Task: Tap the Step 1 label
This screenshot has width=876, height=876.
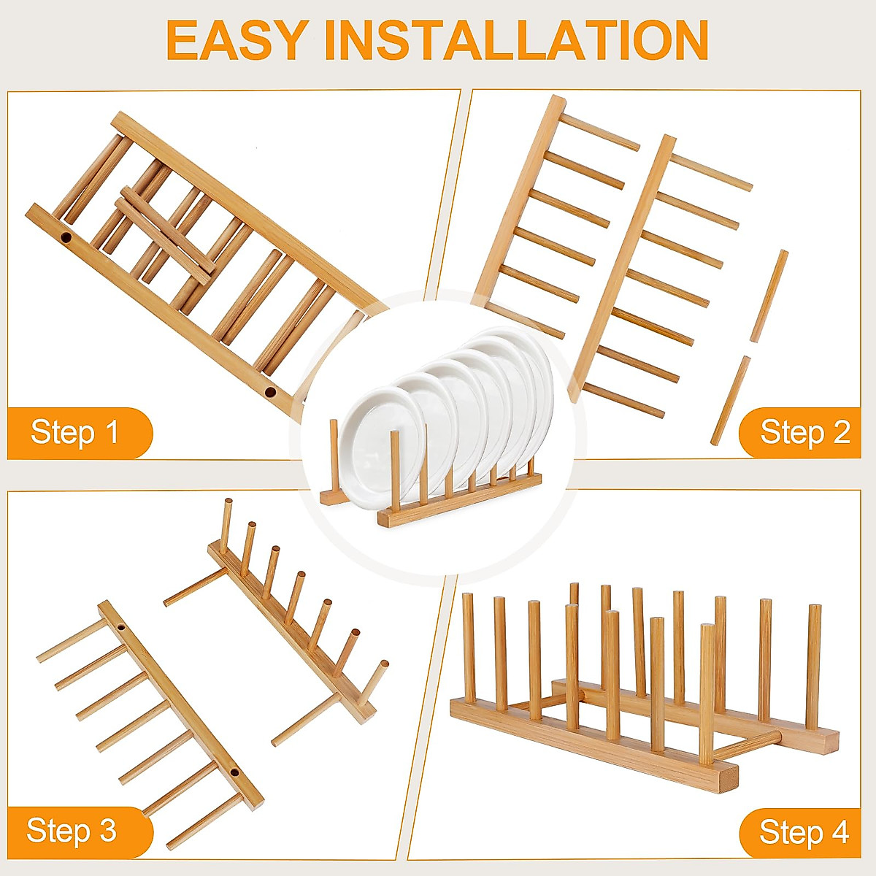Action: (x=74, y=432)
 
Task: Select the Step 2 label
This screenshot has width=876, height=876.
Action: (x=804, y=432)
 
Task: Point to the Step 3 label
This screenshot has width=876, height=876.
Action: (x=72, y=831)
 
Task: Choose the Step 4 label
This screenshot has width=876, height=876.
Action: (x=804, y=831)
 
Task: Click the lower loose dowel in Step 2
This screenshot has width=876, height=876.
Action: (x=731, y=400)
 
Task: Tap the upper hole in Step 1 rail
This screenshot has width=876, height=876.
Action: (x=66, y=238)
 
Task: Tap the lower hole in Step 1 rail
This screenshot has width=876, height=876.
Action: (x=270, y=392)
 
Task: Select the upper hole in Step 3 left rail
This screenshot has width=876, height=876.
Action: (x=120, y=626)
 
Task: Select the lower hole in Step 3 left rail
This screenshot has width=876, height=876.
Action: (x=235, y=772)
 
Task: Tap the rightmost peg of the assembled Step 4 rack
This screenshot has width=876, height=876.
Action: (x=812, y=664)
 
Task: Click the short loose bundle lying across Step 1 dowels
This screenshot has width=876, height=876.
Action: (x=168, y=231)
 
